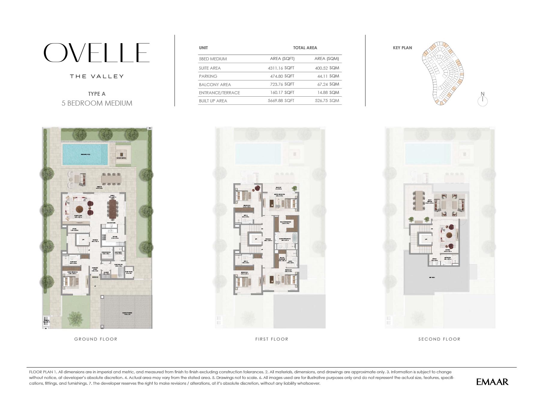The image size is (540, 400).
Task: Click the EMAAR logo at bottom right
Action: [492, 382]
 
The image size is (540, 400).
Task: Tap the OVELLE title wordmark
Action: [97, 53]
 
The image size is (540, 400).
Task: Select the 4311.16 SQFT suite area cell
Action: [281, 68]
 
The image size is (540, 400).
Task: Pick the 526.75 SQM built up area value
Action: [327, 101]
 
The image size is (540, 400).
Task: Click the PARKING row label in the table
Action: [208, 76]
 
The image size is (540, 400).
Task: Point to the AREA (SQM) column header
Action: [327, 59]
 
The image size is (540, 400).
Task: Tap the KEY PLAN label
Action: [402, 48]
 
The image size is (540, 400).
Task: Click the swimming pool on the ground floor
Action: [85, 154]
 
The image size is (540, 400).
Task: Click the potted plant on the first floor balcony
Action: [295, 188]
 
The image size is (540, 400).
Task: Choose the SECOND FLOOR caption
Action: [439, 339]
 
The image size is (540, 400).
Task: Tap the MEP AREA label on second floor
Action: [432, 278]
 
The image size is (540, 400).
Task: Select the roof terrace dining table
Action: [419, 202]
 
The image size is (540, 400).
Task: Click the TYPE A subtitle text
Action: [97, 94]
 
